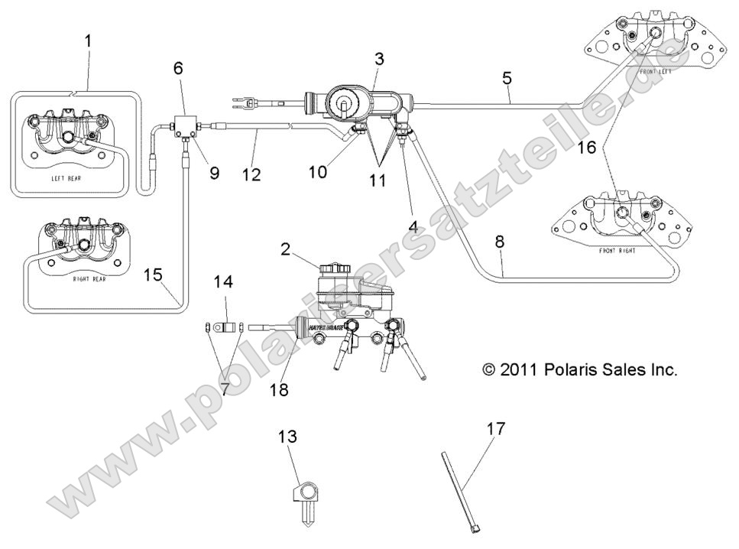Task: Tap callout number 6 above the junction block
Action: (x=178, y=68)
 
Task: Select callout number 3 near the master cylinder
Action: (x=379, y=57)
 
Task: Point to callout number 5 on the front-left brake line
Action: (x=507, y=77)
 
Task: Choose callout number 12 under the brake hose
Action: (x=251, y=175)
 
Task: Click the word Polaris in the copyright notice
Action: (x=571, y=370)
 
